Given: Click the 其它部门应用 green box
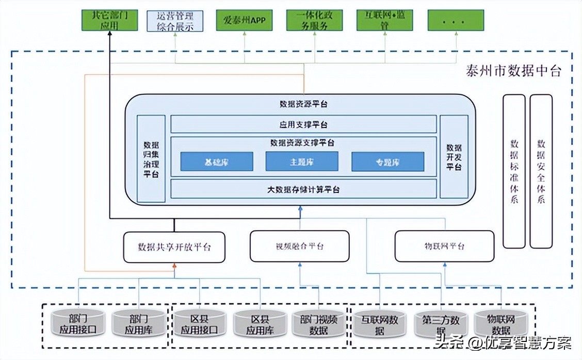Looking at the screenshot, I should coord(109,20).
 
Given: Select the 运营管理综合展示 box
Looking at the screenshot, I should coord(174,20).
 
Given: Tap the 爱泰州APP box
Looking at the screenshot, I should coord(244,20).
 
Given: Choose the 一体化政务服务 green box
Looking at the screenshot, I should coord(314,20).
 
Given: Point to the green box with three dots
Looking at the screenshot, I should coord(456,20).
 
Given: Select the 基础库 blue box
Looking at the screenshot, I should coord(216,161).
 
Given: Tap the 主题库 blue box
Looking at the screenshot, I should coord(301,161).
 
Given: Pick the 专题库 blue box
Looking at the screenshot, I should coord(387,161).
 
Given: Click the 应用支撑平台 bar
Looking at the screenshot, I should coord(303,124).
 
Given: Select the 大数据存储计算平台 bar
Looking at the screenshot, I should coord(303,189).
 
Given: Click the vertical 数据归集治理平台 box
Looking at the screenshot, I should coord(151,158).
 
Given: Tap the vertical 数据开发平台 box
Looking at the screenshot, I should coord(454,157).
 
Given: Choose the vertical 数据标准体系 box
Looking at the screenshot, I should coord(514,171).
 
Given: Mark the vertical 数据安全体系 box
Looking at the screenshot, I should coord(541,171).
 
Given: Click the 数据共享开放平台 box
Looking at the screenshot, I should coord(174,247).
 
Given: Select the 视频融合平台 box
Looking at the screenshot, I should coord(299,246).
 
